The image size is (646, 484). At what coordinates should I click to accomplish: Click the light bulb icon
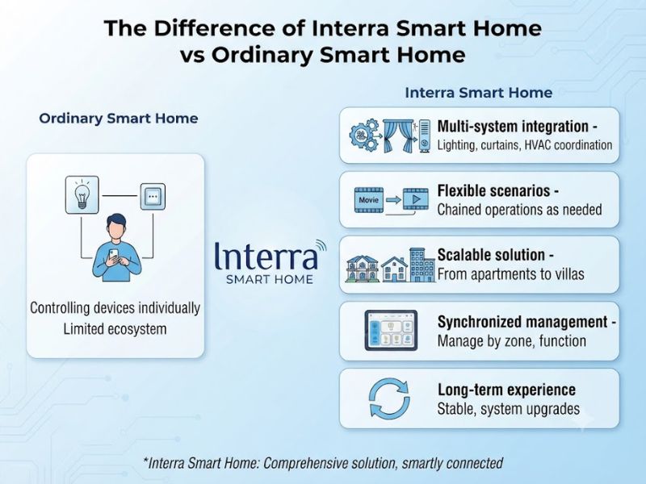(x=82, y=194)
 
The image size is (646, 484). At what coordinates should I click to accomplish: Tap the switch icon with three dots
(x=153, y=197)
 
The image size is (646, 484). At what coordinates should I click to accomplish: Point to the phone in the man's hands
(x=113, y=255)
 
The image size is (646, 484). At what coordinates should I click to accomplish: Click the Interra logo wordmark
(x=266, y=257)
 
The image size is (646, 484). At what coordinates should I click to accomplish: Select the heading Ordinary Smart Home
(x=119, y=119)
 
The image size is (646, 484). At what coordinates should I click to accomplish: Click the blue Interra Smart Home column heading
(x=479, y=93)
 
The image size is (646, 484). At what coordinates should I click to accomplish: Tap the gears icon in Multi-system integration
(x=365, y=135)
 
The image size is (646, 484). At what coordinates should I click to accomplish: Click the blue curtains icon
(x=398, y=136)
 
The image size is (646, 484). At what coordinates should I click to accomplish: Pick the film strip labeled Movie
(x=369, y=200)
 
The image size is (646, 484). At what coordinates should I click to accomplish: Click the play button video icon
(x=416, y=199)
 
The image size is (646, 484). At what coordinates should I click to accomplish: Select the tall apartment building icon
(x=422, y=265)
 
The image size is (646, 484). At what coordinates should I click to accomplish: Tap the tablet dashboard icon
(x=391, y=331)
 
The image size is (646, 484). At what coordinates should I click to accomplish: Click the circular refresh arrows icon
(x=390, y=398)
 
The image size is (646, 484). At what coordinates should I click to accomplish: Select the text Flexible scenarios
(x=493, y=191)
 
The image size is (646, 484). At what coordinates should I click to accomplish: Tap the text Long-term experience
(x=507, y=390)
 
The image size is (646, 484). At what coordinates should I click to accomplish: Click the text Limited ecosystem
(x=115, y=329)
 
